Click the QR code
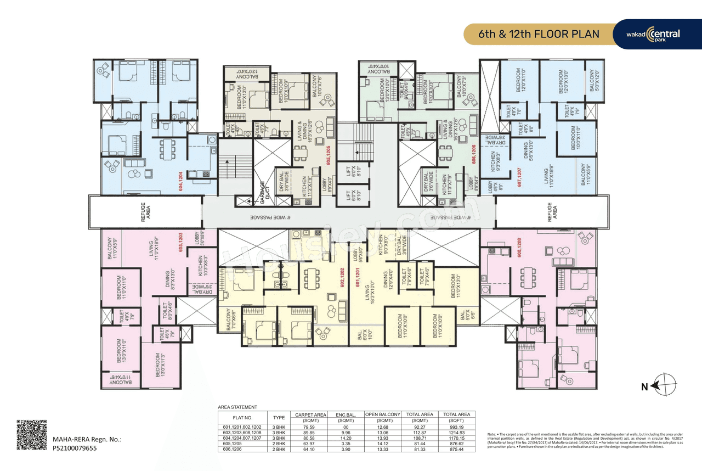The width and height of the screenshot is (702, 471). click(x=31, y=435)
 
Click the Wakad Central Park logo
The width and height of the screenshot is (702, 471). click(x=653, y=34)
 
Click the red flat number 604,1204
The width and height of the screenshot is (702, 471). click(x=179, y=182)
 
